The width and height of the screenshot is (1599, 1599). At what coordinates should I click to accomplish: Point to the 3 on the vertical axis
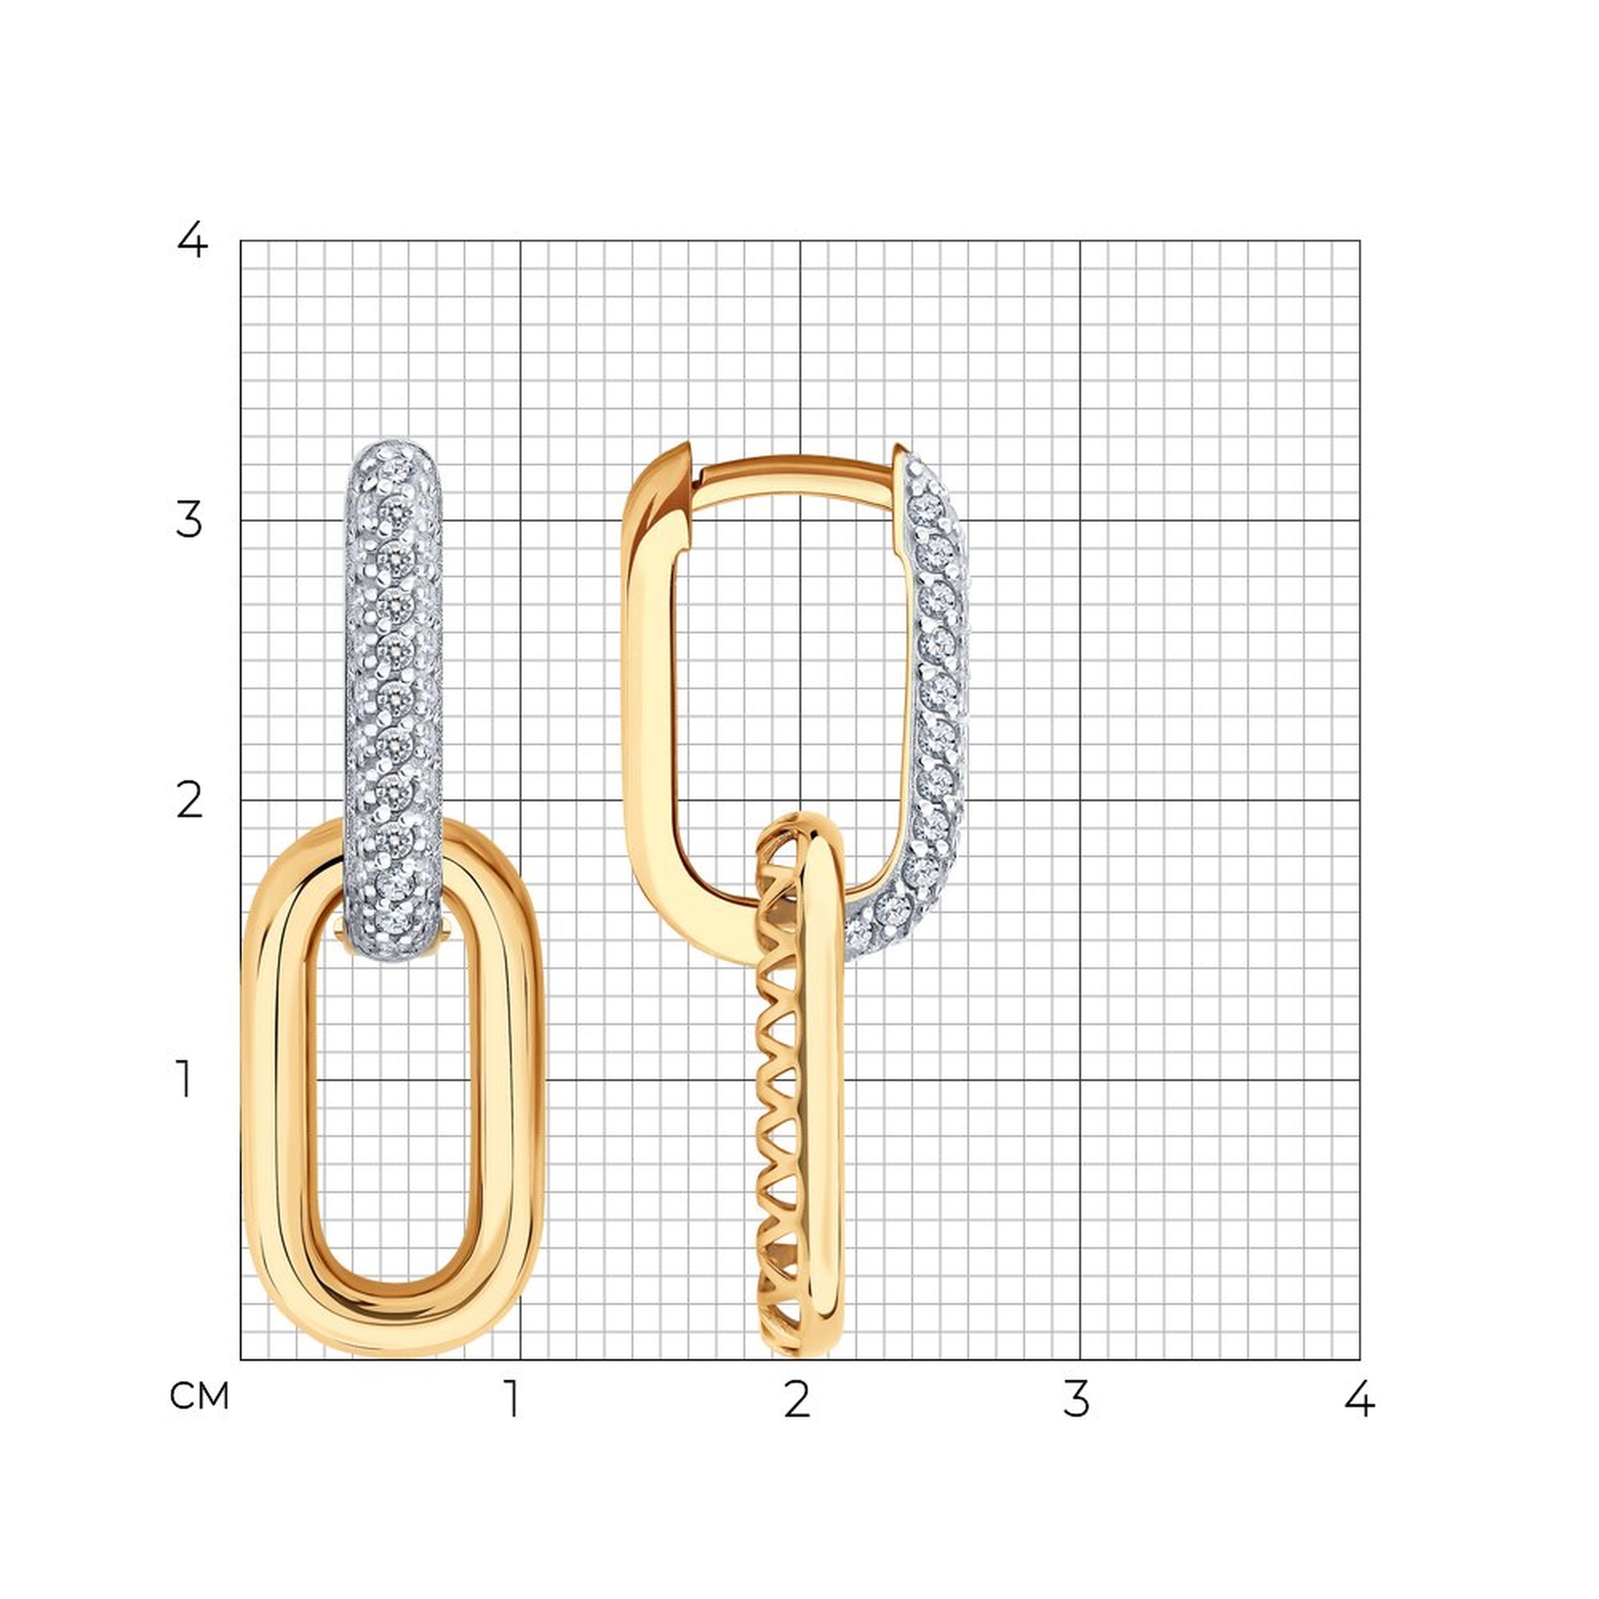coord(189,520)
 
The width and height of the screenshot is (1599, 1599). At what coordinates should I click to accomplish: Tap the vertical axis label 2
coord(189,800)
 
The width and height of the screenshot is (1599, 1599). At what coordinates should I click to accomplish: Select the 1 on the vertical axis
coord(185,1080)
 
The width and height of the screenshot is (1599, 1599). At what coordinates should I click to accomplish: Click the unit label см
coord(199,1396)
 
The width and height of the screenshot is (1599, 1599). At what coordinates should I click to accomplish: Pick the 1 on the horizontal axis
coord(513,1398)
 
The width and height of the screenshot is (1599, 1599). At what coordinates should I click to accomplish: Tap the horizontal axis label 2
coord(796,1398)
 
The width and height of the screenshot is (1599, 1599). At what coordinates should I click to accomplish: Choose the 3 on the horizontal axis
coord(1076,1398)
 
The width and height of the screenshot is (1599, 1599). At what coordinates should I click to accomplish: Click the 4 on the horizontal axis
coord(1359,1398)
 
